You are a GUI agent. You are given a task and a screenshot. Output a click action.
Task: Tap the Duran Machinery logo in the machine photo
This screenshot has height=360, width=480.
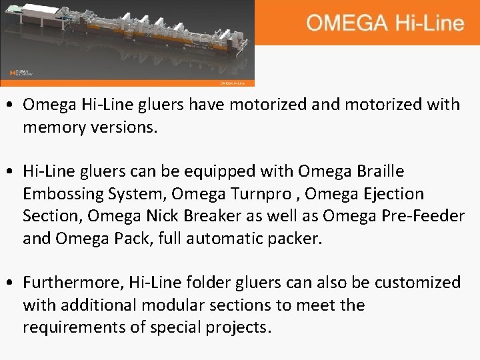pos(22,73)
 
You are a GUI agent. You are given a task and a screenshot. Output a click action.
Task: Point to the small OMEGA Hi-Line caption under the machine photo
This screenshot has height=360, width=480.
pos(237,83)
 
